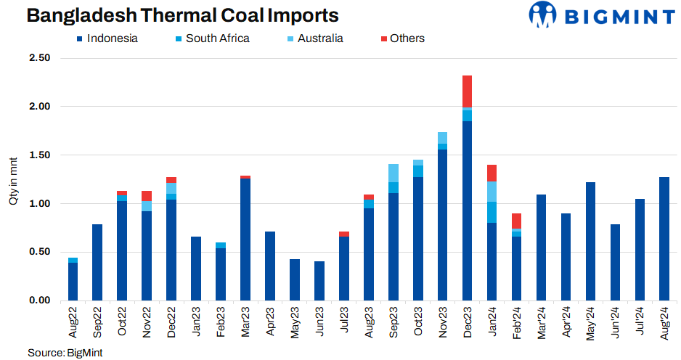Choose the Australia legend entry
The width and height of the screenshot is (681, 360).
pyautogui.click(x=311, y=38)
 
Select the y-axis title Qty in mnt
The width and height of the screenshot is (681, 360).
pyautogui.click(x=13, y=179)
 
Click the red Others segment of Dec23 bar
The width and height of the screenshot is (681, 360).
pyautogui.click(x=467, y=91)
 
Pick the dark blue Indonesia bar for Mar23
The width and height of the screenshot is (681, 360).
pyautogui.click(x=245, y=240)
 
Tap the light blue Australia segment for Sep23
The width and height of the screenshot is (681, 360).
pyautogui.click(x=393, y=173)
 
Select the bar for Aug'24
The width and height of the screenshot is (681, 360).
pyautogui.click(x=664, y=239)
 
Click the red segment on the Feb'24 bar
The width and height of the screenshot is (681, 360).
pyautogui.click(x=516, y=221)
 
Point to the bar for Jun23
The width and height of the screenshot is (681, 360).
pyautogui.click(x=319, y=281)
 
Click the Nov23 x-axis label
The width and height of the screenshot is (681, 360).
pyautogui.click(x=443, y=322)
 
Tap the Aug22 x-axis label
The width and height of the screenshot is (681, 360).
pyautogui.click(x=73, y=322)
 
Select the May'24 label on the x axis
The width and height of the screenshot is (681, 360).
pyautogui.click(x=590, y=322)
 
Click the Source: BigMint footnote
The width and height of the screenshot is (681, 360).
pyautogui.click(x=65, y=353)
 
